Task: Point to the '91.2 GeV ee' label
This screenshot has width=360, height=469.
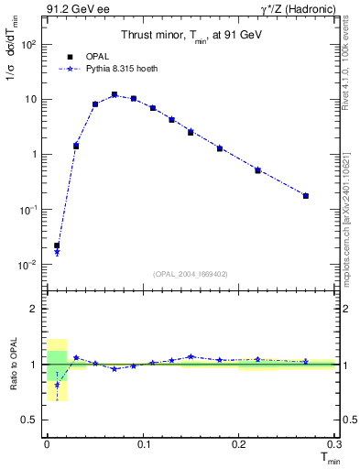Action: click(x=72, y=10)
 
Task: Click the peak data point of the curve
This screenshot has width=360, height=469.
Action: click(x=115, y=94)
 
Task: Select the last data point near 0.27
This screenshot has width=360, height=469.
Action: click(x=306, y=195)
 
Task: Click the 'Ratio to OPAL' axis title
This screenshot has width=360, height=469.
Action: click(x=14, y=365)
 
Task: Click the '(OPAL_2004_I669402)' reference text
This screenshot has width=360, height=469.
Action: click(x=190, y=274)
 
